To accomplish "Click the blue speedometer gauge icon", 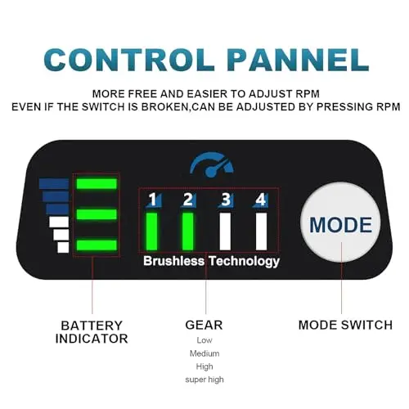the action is click(212, 164).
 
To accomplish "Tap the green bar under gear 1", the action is click(152, 231).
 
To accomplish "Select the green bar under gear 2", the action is click(187, 231).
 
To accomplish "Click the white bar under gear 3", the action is click(225, 231).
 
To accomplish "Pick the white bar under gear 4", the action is click(261, 231).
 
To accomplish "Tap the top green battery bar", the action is click(97, 183).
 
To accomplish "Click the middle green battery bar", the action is click(97, 214).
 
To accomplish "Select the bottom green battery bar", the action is click(97, 245).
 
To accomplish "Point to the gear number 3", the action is click(226, 200).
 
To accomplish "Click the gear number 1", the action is click(153, 200).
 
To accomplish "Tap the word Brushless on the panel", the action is click(173, 261).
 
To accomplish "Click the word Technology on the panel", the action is click(245, 262).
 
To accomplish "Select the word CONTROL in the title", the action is click(129, 60).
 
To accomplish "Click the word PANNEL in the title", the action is click(299, 60).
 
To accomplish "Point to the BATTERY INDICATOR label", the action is click(92, 332).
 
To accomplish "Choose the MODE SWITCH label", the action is click(345, 325).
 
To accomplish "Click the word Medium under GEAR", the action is click(204, 353).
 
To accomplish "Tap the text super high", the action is click(204, 380).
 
